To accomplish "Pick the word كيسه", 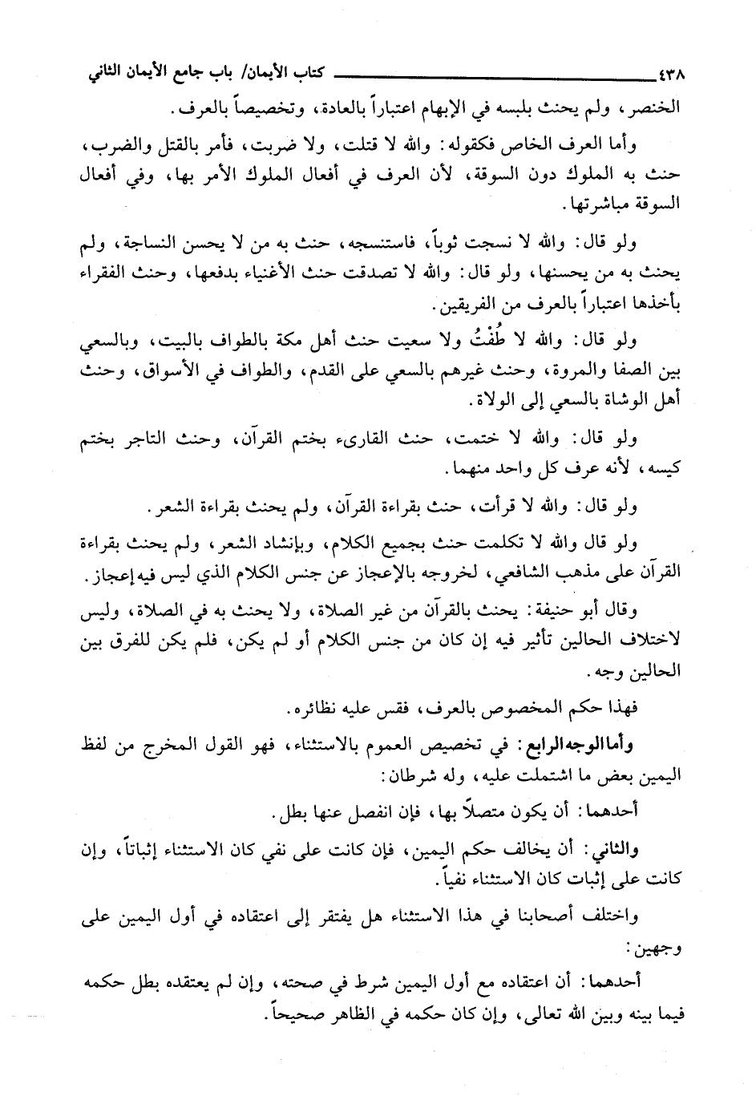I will click(x=660, y=468).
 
